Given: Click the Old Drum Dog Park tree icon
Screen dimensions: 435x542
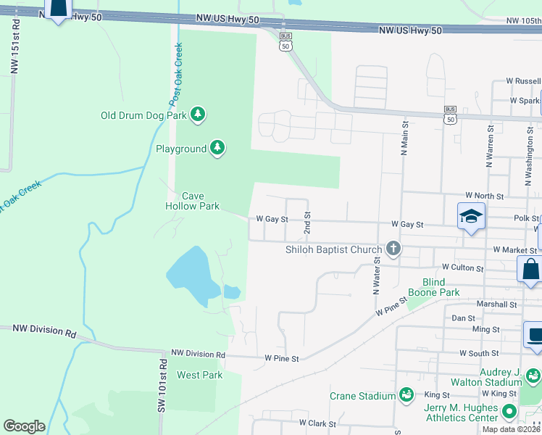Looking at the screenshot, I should [198, 115].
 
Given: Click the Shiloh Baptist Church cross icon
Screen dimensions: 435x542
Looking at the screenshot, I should [393, 249].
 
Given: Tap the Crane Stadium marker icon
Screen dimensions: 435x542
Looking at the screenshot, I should [406, 395].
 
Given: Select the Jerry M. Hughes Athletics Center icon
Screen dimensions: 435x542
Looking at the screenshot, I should [509, 412].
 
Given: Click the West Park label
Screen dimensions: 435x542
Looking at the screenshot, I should [199, 375].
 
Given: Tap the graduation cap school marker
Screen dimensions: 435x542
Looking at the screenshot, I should [471, 217].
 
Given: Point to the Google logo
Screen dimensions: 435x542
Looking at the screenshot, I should [24, 426].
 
